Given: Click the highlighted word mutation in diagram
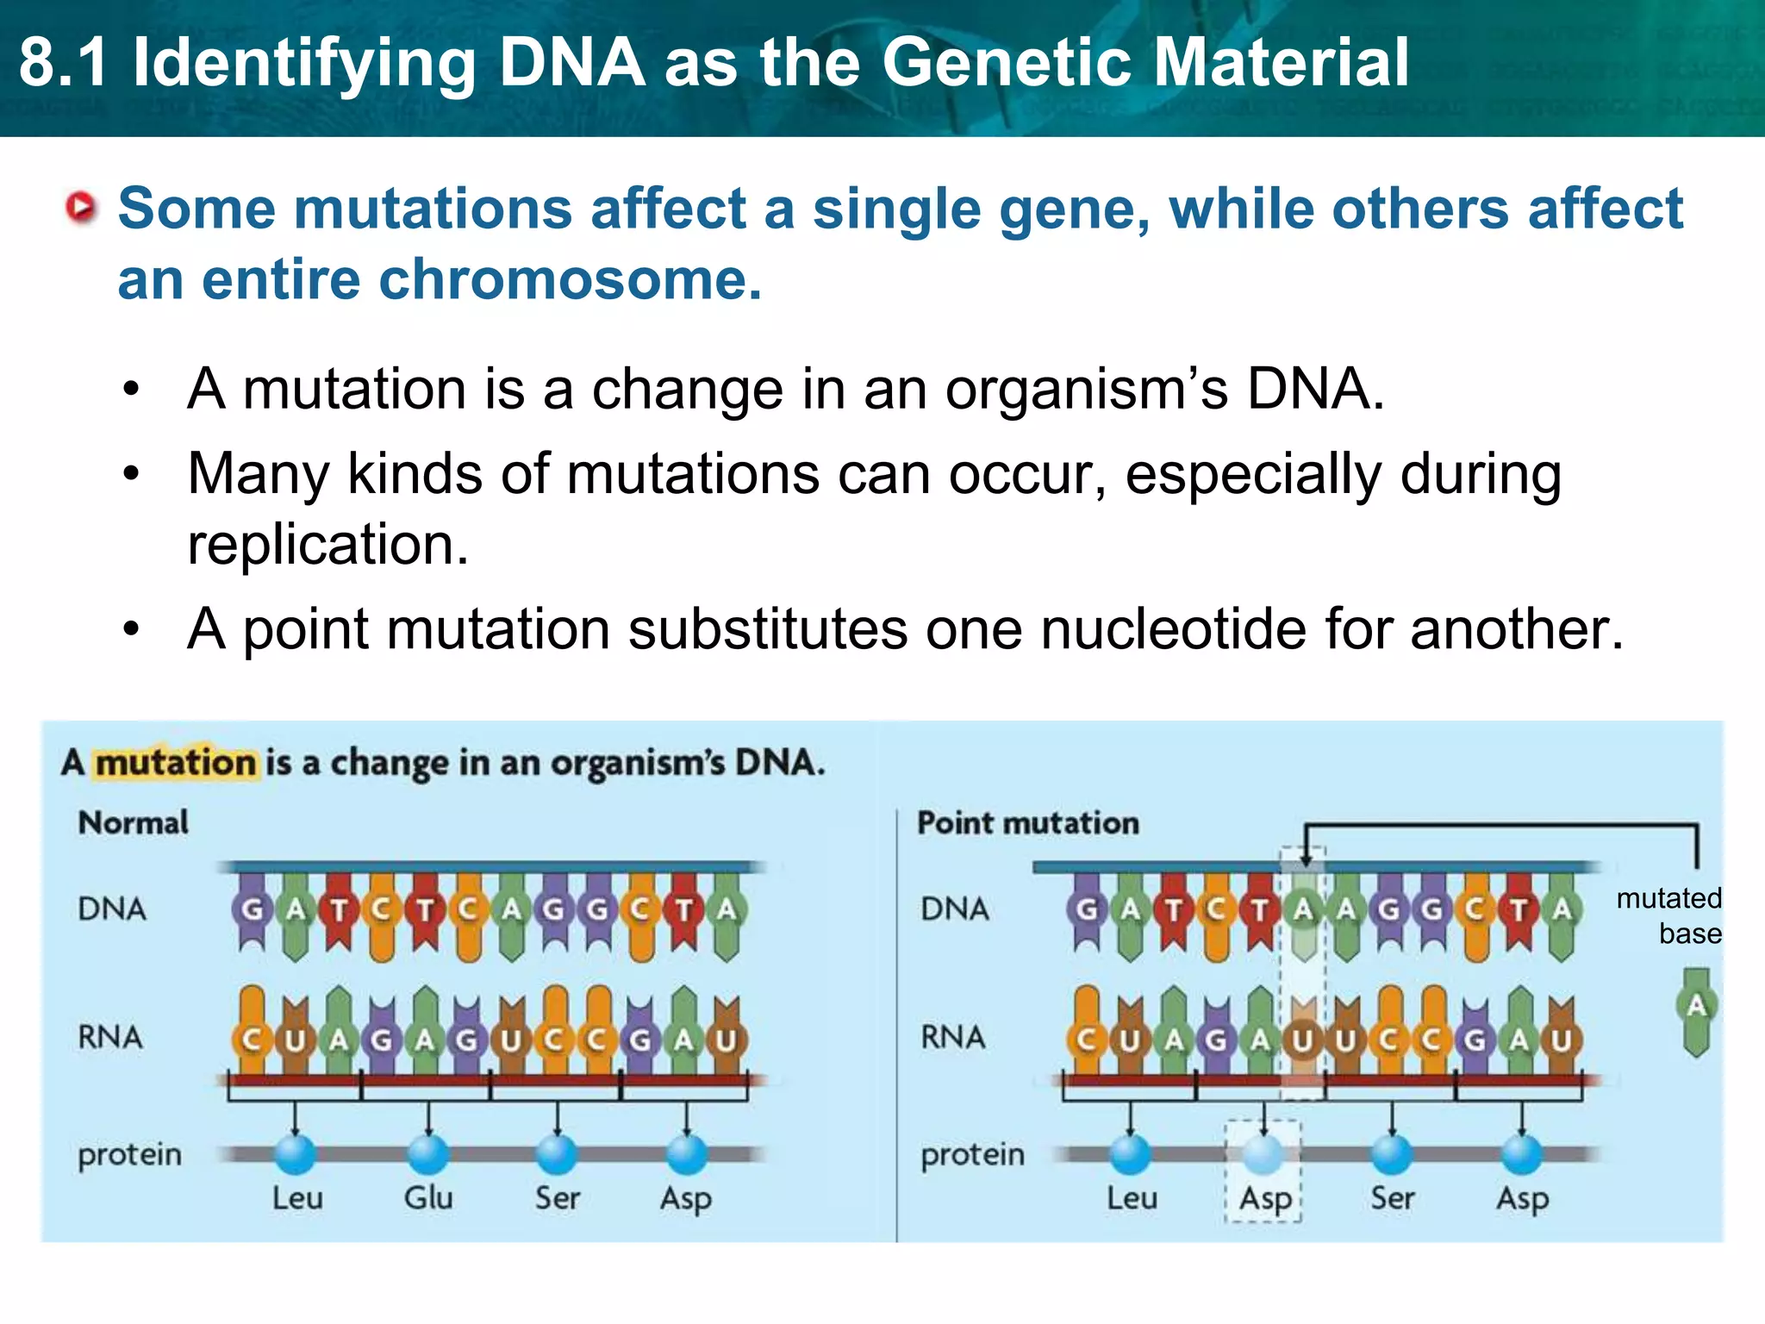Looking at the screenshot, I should click(x=175, y=763).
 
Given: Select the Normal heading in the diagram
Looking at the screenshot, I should click(x=133, y=822).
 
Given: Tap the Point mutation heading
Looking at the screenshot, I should click(x=1027, y=822).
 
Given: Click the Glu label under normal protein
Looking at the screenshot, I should click(x=428, y=1197).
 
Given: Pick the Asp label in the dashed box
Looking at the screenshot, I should click(x=1264, y=1198).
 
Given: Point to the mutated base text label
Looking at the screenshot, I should click(x=1668, y=915).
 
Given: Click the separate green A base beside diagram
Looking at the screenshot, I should click(x=1696, y=1006).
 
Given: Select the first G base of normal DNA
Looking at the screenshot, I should click(x=252, y=909).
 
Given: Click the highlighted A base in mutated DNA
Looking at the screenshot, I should click(x=1303, y=909).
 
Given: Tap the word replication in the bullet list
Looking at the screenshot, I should click(x=328, y=545).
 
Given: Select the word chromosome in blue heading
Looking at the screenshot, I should click(x=569, y=280).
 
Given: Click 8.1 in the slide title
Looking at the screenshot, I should click(x=64, y=63).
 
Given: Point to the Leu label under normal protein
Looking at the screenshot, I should click(x=297, y=1197).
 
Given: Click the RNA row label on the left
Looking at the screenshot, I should click(x=110, y=1037).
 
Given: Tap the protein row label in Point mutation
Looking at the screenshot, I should click(x=972, y=1154).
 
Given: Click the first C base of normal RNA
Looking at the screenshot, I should click(x=252, y=1040).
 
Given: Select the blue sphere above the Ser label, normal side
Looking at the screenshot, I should click(x=557, y=1154).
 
